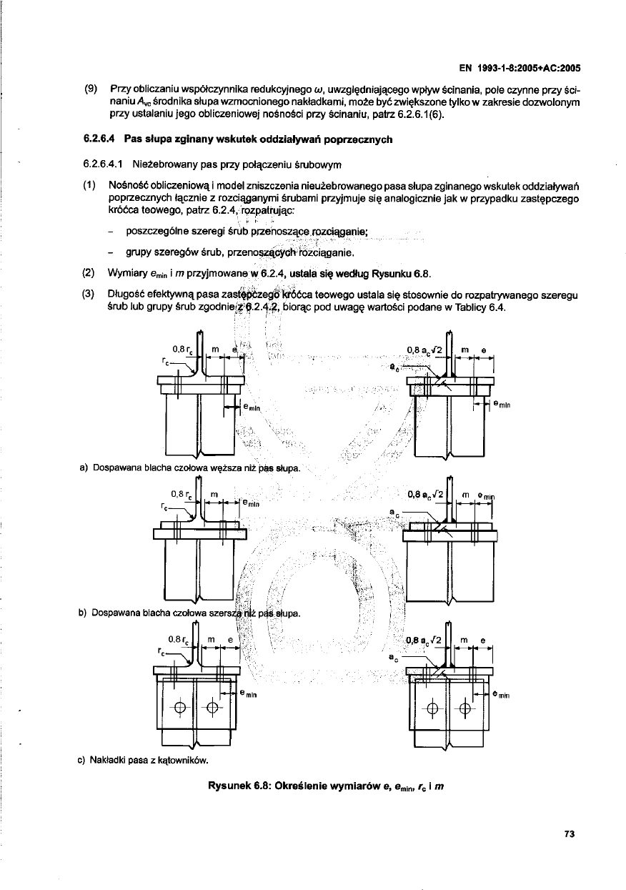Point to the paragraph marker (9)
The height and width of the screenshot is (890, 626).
pyautogui.click(x=91, y=89)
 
